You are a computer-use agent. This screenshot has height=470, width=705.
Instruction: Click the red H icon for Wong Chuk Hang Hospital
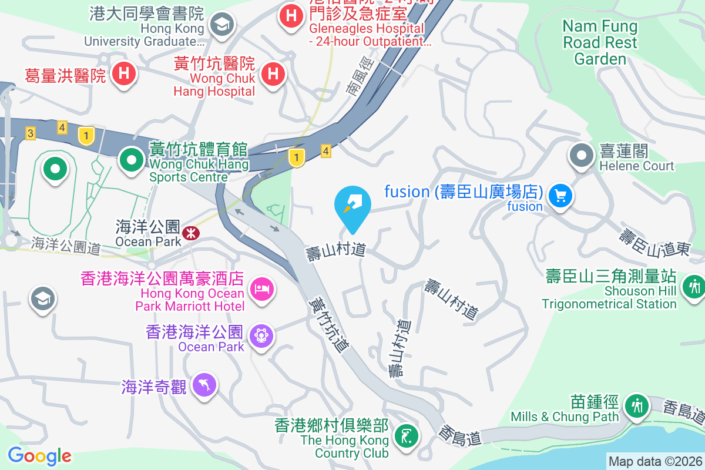273,74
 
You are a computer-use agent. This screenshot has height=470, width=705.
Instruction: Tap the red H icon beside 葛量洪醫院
125,74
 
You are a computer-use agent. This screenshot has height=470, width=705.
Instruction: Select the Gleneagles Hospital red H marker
291,15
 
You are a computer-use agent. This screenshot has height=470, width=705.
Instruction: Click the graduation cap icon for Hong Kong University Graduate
223,25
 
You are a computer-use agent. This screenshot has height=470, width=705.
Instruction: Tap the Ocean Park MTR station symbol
190,233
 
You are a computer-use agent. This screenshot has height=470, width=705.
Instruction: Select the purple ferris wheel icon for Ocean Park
261,335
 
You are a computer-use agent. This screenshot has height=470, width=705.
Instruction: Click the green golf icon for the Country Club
407,435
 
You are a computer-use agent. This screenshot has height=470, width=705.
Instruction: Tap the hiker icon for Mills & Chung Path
636,405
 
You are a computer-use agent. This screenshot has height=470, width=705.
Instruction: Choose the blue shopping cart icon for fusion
560,194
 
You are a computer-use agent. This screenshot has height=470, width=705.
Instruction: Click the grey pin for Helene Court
582,156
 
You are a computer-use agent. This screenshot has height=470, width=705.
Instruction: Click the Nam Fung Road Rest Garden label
600,42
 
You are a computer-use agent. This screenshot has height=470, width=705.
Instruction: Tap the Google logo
39,456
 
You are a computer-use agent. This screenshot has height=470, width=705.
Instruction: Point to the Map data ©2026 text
654,461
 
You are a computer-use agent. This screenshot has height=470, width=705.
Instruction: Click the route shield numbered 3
30,133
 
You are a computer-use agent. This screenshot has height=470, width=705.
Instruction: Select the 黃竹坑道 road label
328,323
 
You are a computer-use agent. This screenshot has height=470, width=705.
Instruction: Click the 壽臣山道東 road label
654,241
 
